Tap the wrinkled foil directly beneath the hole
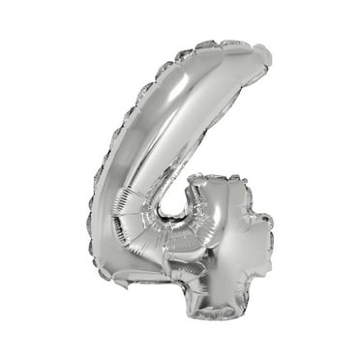pyautogui.click(x=174, y=232)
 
